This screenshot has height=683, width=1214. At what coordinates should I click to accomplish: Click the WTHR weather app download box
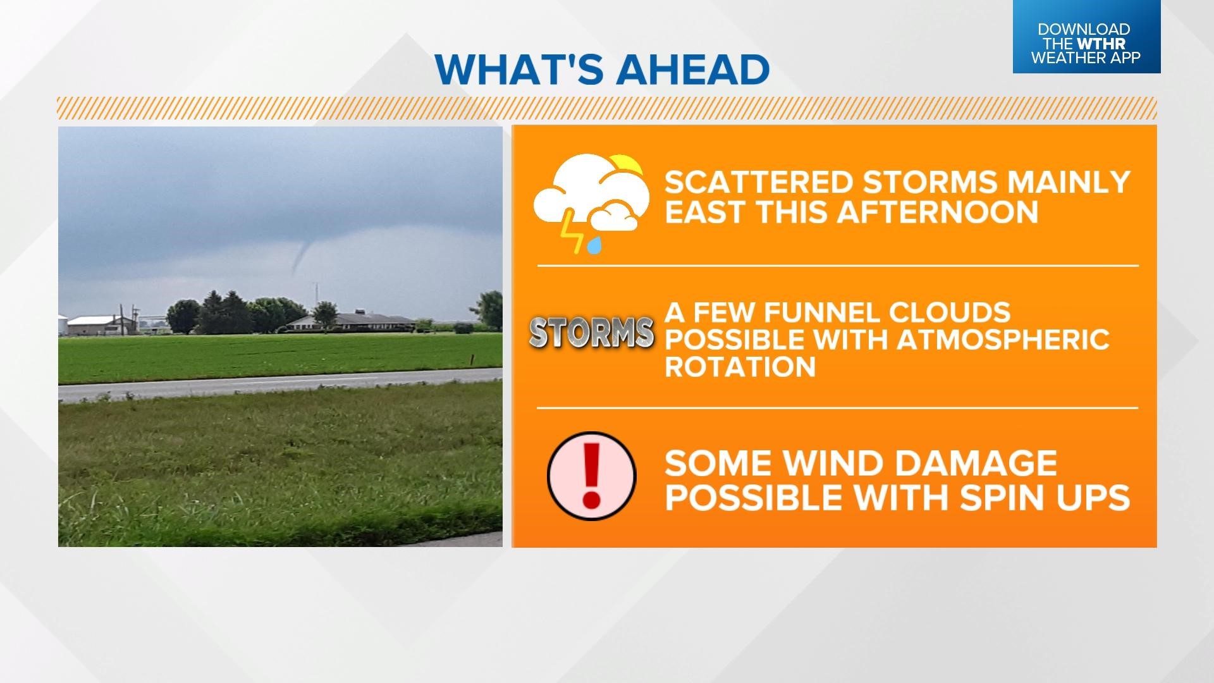coord(1086,37)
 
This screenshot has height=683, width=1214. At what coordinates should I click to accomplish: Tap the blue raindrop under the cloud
coord(594,245)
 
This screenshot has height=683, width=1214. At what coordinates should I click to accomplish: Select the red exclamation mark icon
coord(591,476)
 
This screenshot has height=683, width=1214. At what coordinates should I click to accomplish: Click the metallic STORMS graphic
coord(591,332)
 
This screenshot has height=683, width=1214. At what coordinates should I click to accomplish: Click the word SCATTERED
coord(759,182)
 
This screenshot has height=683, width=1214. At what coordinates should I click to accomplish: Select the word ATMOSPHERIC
coord(1003,340)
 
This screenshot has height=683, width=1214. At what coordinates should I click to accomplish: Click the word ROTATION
coord(740,367)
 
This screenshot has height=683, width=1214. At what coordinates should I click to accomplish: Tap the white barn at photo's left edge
coord(95,324)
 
